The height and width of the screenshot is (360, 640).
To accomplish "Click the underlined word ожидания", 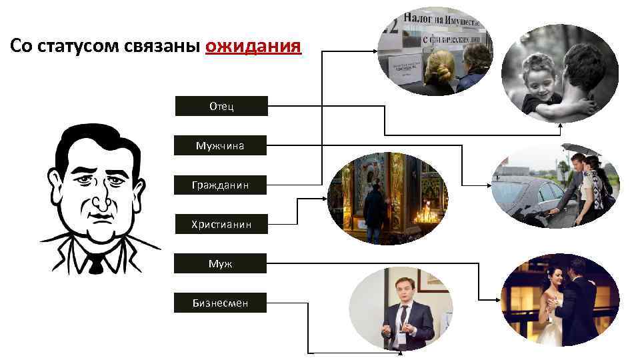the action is coord(253,46).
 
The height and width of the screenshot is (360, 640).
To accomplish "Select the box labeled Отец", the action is coord(221,107).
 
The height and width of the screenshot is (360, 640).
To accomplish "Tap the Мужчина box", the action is coord(221,145).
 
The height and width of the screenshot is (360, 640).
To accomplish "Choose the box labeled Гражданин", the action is coord(221,185).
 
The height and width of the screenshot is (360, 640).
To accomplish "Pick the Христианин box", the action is coord(221,224).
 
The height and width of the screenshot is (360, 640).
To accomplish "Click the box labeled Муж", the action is coord(221,263).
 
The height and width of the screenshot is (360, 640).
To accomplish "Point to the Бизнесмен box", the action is coord(221,303).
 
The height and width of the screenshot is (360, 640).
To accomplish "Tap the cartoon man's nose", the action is coord(99,200).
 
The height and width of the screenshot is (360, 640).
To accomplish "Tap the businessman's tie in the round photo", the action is coord(403,320).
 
